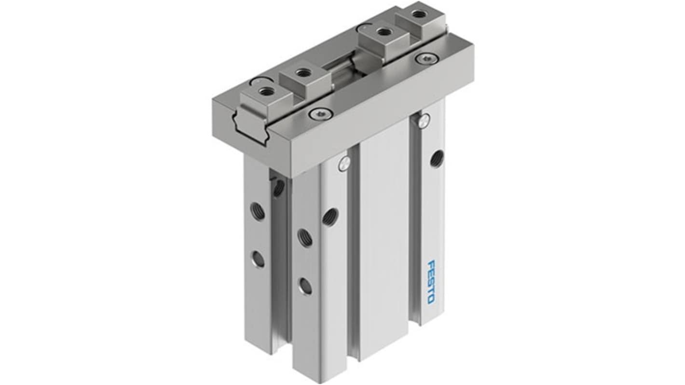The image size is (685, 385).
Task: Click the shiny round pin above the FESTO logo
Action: [x=423, y=120]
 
